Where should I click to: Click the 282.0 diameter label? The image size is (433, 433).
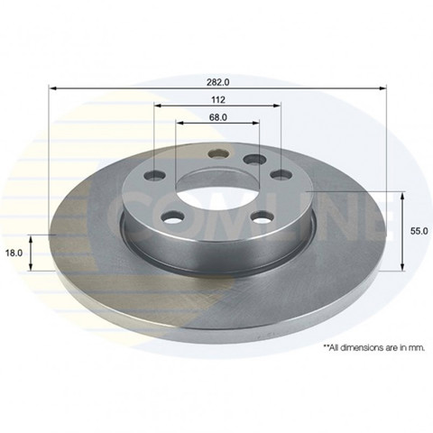click(218, 82)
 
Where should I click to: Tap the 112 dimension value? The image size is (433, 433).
click(218, 99)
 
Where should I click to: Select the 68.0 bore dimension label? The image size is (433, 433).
click(218, 117)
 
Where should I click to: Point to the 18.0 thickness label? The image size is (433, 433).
click(14, 253)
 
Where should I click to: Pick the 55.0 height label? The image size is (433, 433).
click(419, 231)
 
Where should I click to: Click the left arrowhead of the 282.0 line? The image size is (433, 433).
click(52, 88)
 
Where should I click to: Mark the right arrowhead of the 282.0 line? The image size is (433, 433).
click(382, 88)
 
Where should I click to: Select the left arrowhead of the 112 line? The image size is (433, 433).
click(158, 106)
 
